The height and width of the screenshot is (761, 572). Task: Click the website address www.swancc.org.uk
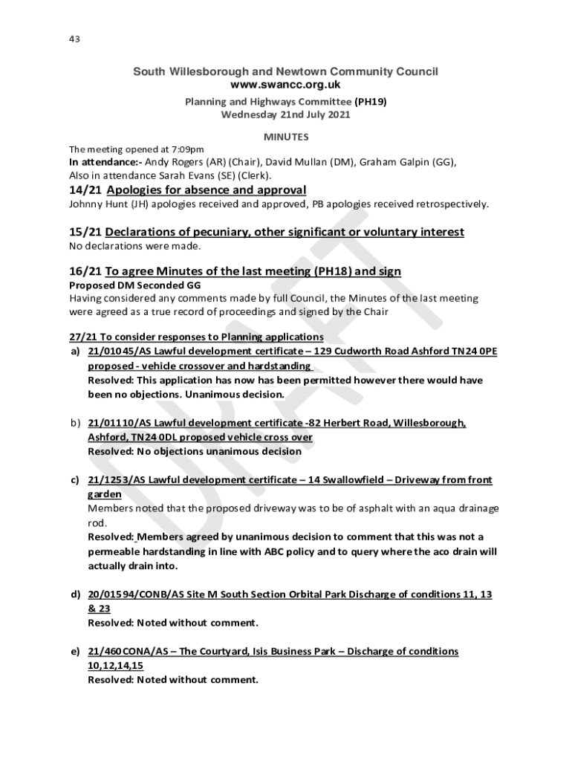(285, 85)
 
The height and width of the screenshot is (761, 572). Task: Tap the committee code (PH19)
(371, 102)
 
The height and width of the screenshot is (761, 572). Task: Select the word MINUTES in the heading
(286, 137)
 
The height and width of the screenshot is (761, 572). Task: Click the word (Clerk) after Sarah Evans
(253, 175)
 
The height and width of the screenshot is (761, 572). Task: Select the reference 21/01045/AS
(119, 352)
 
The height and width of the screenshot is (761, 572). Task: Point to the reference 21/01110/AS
(119, 423)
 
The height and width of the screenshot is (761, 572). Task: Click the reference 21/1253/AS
(115, 480)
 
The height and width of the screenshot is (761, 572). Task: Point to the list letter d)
(75, 595)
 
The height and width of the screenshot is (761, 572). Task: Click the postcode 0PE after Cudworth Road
(486, 352)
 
